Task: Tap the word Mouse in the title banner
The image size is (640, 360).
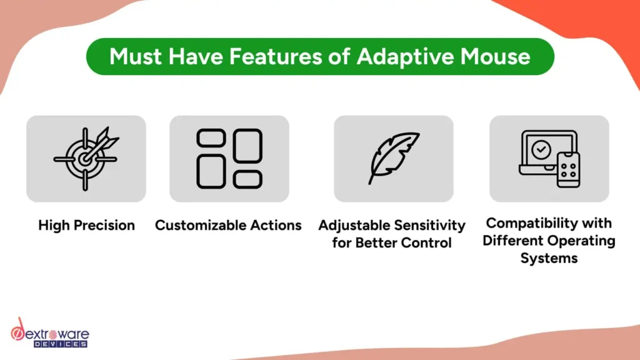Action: pos(496,56)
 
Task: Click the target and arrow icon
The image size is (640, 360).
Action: pos(86,158)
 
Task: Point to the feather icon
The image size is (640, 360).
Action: pos(394,158)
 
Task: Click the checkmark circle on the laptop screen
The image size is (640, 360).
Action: pos(541,150)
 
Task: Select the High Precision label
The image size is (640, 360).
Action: pos(86,225)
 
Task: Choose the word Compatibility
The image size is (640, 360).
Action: pos(531,223)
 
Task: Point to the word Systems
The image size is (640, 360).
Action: pos(549,258)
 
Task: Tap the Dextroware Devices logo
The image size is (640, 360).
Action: pos(50,333)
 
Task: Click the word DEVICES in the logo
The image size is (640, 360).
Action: pos(61,344)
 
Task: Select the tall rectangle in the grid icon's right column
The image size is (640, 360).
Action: pos(247,146)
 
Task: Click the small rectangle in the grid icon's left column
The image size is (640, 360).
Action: pos(211,138)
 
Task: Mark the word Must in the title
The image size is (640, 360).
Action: pos(136,56)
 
